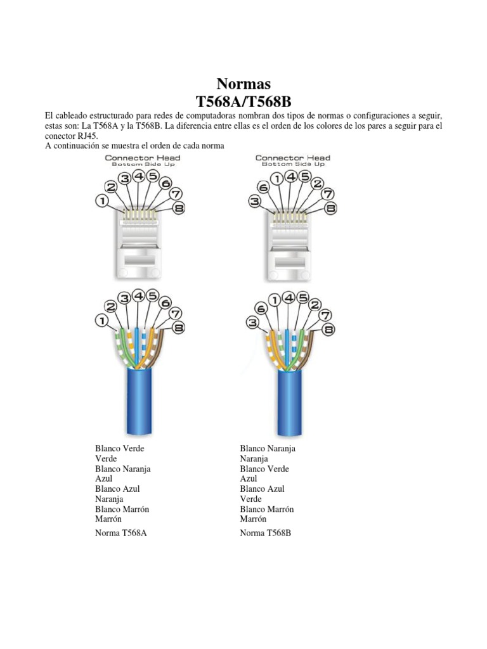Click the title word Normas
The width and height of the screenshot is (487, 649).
[243, 84]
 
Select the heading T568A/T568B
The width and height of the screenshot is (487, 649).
[243, 101]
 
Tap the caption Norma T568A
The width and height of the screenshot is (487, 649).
[121, 533]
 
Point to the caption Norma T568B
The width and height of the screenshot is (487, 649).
[266, 533]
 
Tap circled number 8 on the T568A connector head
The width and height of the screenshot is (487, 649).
[179, 208]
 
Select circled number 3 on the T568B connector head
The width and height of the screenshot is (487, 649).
[255, 202]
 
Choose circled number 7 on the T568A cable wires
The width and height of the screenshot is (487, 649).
[176, 313]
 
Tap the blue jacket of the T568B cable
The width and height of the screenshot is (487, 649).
[291, 399]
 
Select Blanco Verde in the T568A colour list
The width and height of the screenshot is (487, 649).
[120, 448]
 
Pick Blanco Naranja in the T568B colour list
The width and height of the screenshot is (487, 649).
[268, 448]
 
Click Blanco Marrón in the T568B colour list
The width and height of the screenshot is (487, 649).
[267, 509]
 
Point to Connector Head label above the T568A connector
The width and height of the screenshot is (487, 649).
[142, 158]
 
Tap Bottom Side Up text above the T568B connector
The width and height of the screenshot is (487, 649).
[294, 164]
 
